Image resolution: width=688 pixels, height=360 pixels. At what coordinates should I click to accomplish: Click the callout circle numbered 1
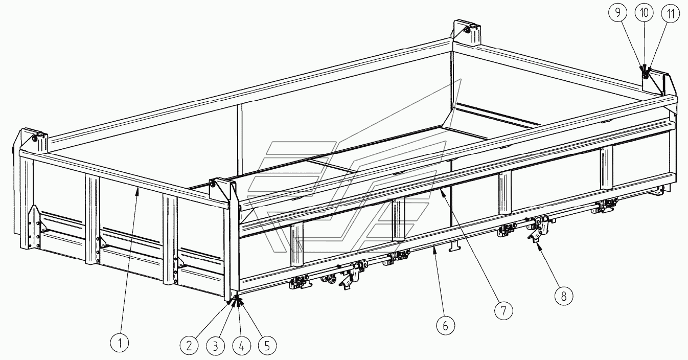120,343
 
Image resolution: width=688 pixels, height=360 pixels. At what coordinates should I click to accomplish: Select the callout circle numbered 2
189,346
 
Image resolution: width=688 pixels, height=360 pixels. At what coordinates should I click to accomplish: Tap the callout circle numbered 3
215,346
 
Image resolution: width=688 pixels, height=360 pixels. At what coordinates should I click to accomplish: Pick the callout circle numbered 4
241,346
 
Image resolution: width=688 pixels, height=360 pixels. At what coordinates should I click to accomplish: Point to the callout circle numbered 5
267,346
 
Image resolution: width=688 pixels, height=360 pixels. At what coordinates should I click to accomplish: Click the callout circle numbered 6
445,326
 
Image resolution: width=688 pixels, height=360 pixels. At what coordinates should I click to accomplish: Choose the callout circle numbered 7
503,310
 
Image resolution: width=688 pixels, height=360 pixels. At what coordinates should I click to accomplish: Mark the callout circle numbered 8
564,296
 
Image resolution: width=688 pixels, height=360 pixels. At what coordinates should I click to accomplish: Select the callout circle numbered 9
617,13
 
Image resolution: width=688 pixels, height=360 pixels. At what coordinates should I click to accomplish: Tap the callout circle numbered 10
644,13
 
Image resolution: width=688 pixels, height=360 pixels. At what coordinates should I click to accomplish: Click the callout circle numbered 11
670,13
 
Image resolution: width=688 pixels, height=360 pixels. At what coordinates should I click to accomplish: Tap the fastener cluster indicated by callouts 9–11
645,74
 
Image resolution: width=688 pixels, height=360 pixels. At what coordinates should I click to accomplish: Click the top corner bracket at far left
33,141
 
